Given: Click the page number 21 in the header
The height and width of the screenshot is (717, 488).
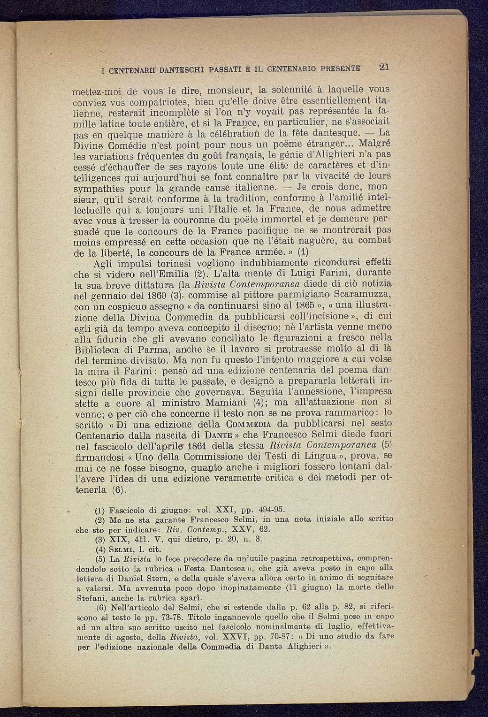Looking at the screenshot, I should click(x=384, y=67).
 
